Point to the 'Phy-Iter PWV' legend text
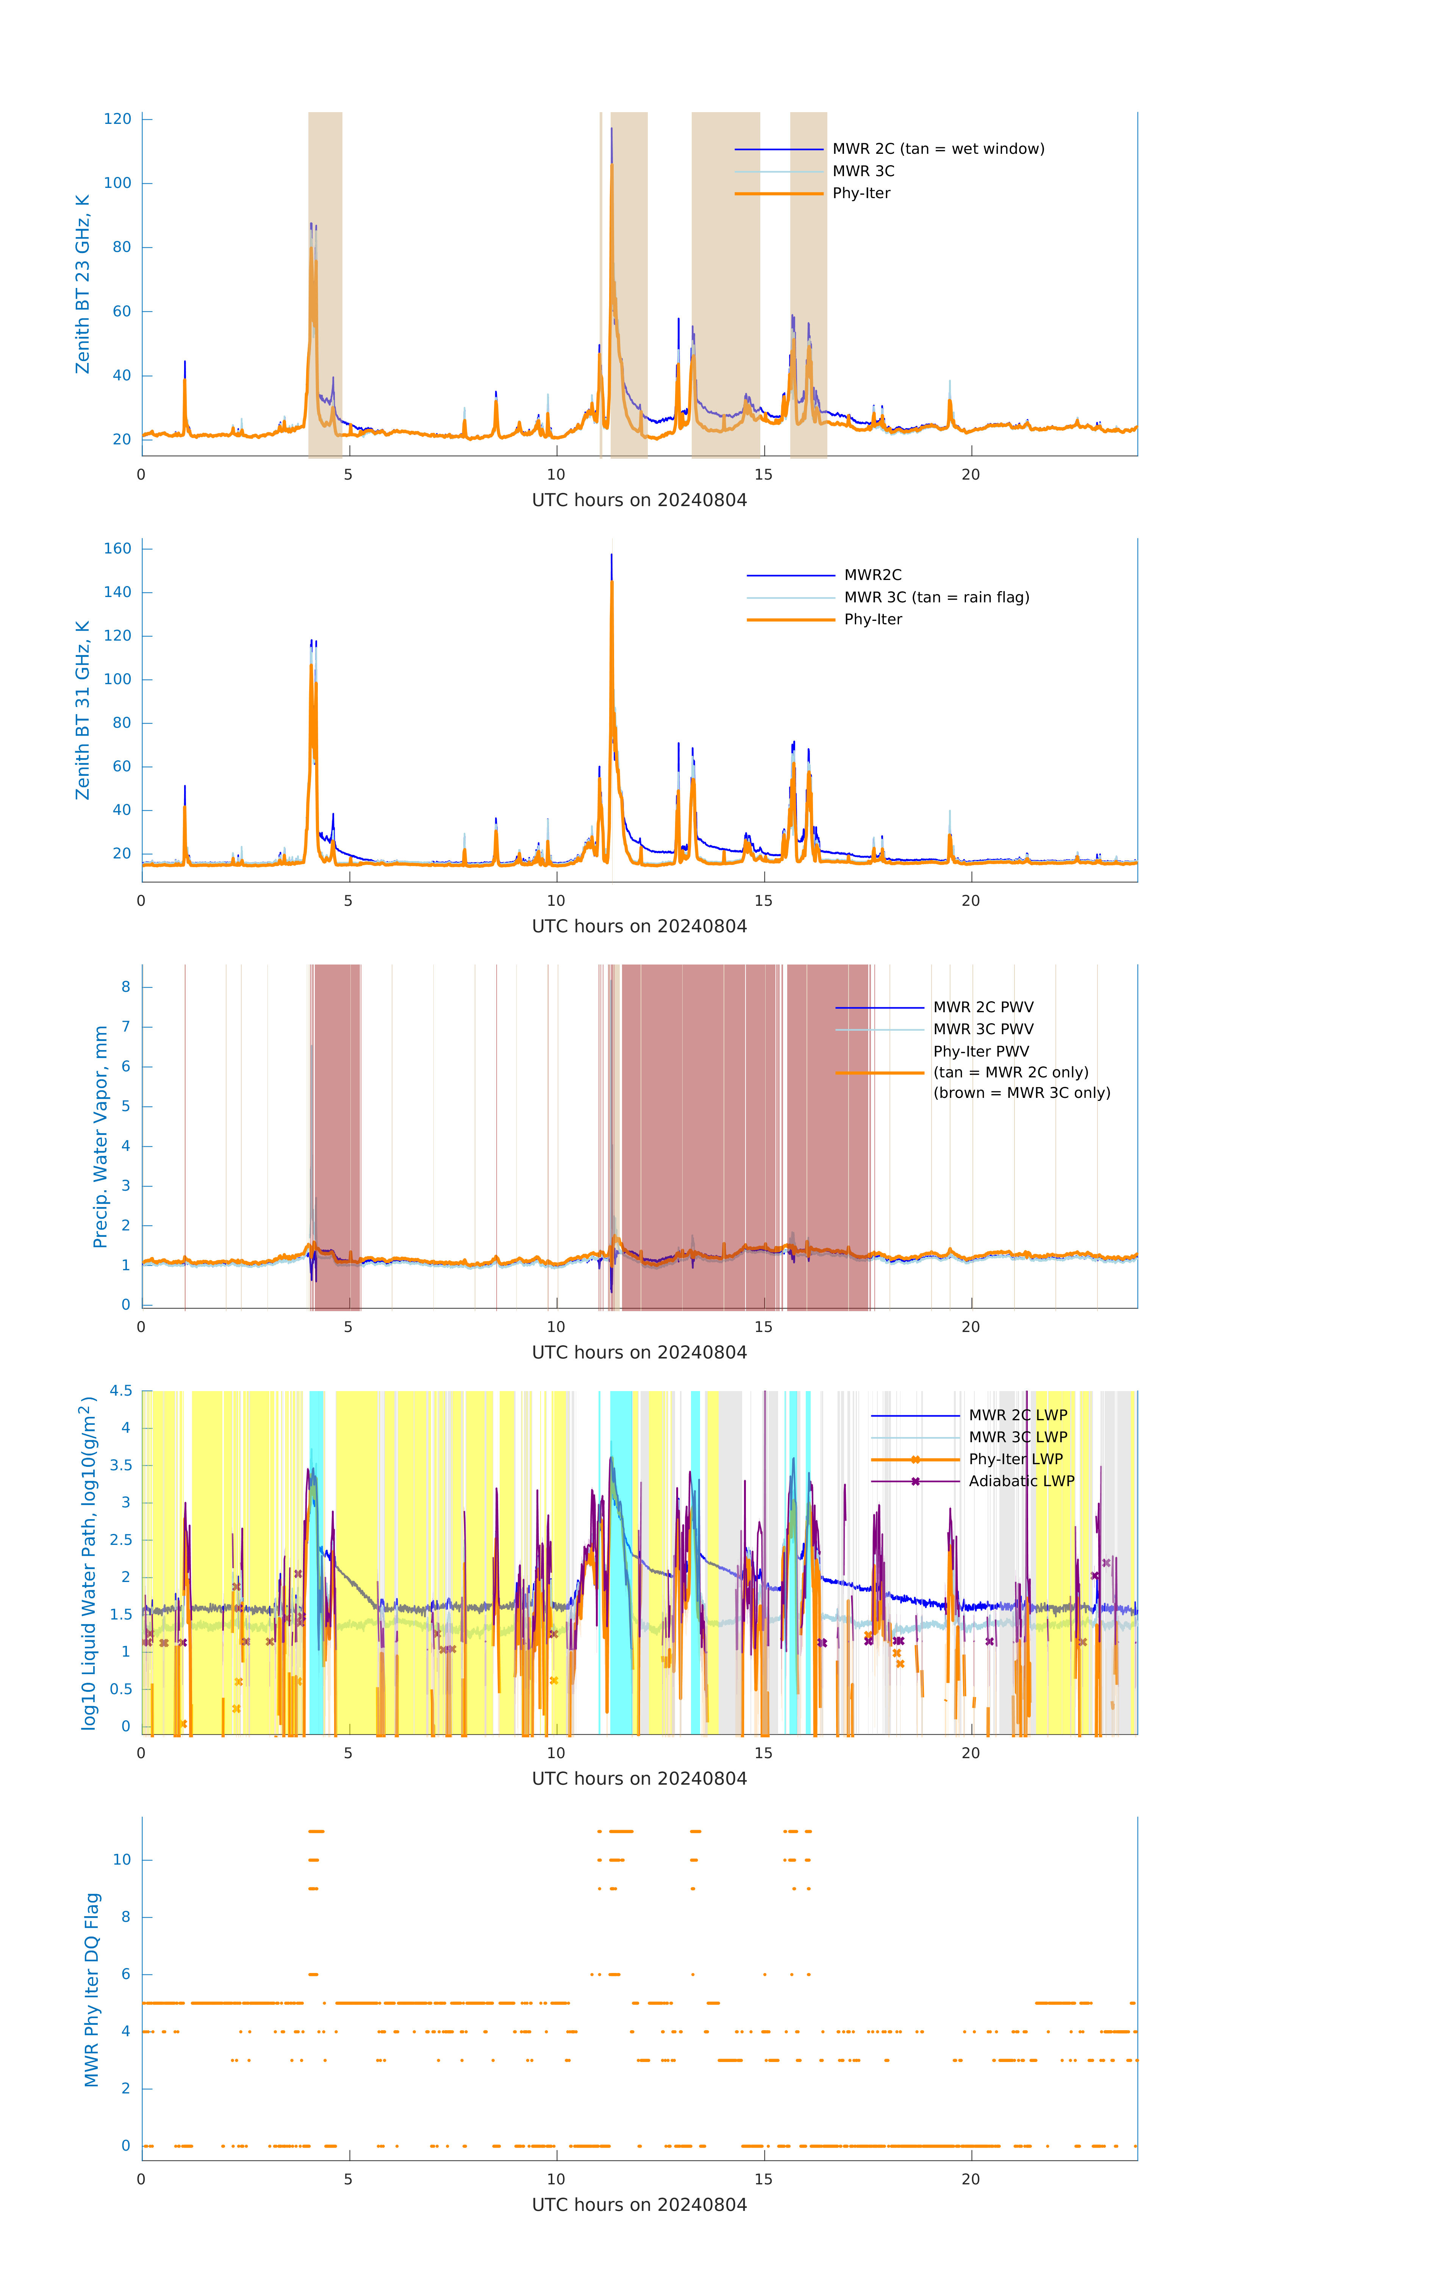tap(981, 1052)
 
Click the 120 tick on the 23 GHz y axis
tap(118, 119)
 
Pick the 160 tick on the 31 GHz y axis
tap(118, 549)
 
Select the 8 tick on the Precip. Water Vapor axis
tap(125, 987)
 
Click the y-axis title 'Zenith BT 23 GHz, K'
tap(83, 284)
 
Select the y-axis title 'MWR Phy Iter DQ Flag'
tap(92, 1990)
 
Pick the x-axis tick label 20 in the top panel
tap(971, 475)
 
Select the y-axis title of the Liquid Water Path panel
tap(89, 1562)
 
